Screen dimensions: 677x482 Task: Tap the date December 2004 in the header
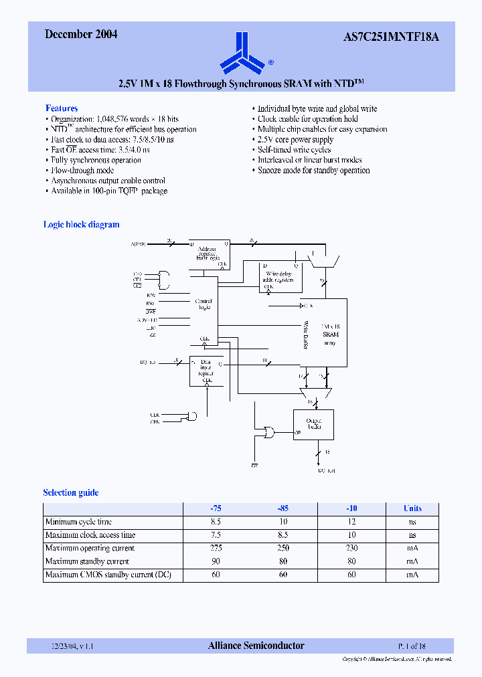click(81, 34)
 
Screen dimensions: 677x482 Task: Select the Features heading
click(62, 108)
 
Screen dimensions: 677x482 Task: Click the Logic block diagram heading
click(81, 225)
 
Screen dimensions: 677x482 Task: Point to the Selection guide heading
click(71, 492)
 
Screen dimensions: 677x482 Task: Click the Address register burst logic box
click(208, 253)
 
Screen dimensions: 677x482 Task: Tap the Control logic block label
click(204, 304)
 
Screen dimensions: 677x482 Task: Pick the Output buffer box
click(313, 424)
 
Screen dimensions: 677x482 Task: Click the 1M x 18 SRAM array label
click(330, 333)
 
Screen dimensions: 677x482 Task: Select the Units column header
click(412, 508)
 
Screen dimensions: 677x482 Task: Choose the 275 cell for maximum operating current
click(216, 549)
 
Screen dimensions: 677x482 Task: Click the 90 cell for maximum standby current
click(216, 562)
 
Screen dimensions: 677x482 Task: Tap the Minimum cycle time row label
click(78, 522)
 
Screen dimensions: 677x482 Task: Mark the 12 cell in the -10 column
click(351, 522)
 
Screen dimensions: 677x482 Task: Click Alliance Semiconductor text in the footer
click(256, 646)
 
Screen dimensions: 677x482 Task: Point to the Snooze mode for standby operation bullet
click(313, 171)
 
